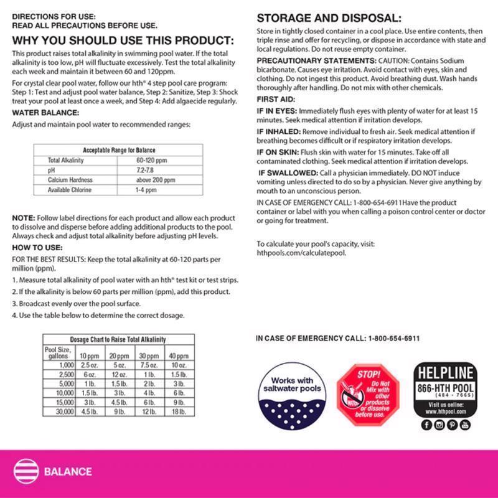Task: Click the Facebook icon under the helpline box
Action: coord(426,425)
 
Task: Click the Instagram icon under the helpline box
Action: coord(439,425)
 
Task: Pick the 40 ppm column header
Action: coord(179,355)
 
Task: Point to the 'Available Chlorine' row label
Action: coord(70,190)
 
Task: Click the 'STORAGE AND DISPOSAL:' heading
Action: coord(329,18)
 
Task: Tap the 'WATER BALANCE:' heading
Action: coord(45,113)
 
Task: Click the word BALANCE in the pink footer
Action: coord(68,471)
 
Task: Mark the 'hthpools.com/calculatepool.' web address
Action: coord(301,253)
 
